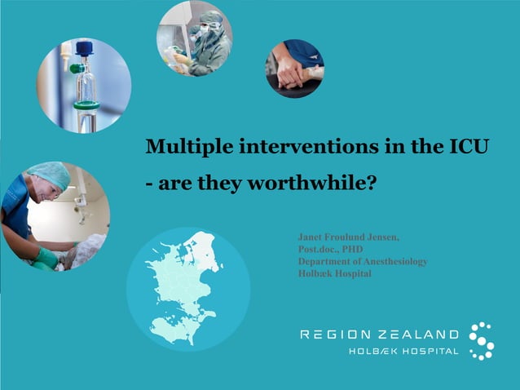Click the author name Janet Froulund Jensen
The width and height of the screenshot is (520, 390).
coord(349,237)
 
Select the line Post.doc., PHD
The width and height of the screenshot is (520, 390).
coord(330,249)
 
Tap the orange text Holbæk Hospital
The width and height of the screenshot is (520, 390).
coord(335,273)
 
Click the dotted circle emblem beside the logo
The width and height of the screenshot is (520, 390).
coord(482,340)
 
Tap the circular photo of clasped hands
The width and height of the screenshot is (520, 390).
coord(294,69)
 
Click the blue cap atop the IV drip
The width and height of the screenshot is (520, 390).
coord(84,48)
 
